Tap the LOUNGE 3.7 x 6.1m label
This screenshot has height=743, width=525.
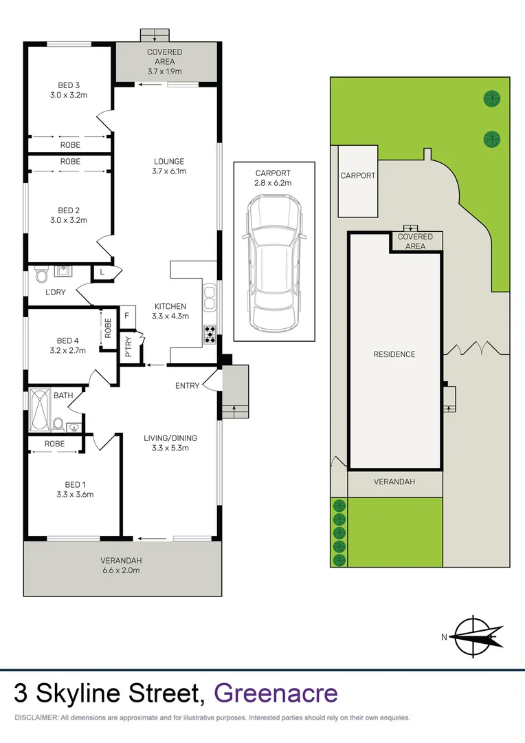tap(170, 166)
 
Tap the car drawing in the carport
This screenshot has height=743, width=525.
tap(274, 261)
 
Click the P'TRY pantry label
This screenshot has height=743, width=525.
tap(128, 347)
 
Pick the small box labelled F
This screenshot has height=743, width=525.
tap(126, 316)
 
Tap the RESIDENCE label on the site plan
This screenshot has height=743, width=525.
tap(394, 354)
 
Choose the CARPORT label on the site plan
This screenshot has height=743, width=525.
tap(358, 176)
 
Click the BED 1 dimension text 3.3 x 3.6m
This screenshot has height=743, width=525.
tap(75, 494)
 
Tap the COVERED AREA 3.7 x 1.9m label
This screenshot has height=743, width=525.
tap(165, 62)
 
